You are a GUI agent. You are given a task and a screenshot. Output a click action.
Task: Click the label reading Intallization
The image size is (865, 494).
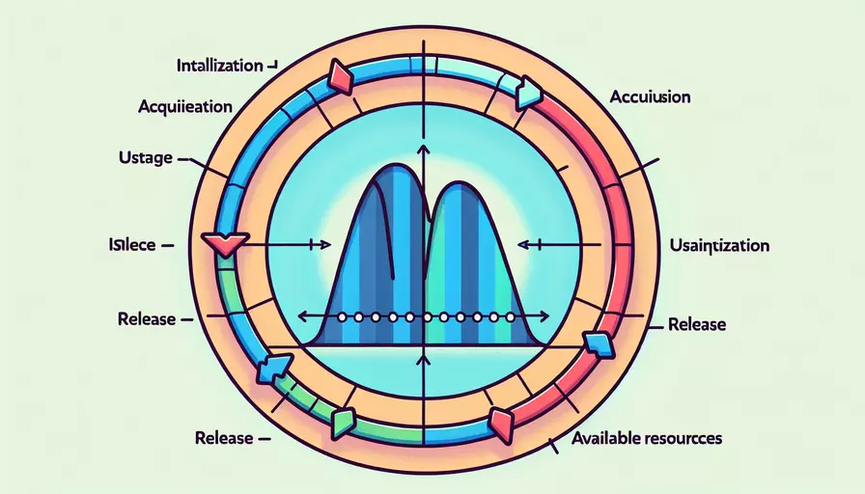(x=220, y=67)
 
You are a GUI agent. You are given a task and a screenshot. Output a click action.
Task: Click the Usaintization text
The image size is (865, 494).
(x=719, y=245)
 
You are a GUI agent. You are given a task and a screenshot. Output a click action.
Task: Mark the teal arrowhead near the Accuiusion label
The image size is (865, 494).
(x=528, y=93)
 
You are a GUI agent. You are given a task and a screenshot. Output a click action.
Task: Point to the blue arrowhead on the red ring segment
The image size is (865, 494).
(x=597, y=342)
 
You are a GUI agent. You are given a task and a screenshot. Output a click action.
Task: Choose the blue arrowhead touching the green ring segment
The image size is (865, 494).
(x=273, y=369)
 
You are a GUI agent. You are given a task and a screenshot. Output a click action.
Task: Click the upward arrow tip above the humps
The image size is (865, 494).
(x=423, y=147)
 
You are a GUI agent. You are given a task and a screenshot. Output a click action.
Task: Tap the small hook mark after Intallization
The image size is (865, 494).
(x=272, y=66)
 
